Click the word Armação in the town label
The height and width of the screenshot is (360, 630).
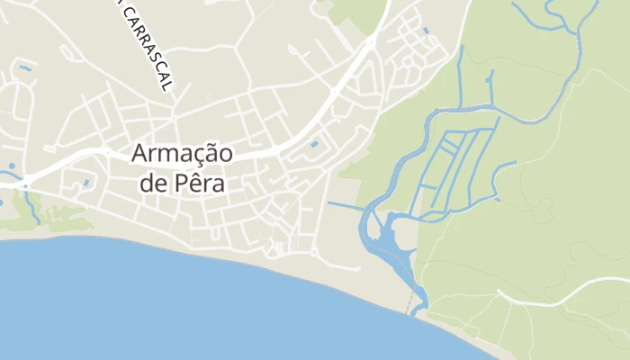(x=182, y=153)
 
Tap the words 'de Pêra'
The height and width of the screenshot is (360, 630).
(x=182, y=183)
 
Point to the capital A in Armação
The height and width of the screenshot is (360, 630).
(x=139, y=153)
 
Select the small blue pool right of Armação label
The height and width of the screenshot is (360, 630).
(x=313, y=144)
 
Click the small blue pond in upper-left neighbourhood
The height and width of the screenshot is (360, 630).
(x=25, y=67)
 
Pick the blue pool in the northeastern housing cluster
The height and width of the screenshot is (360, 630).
(x=425, y=31)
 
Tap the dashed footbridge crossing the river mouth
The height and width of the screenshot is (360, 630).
(x=415, y=304)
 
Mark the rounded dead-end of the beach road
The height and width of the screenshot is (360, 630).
(x=357, y=268)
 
